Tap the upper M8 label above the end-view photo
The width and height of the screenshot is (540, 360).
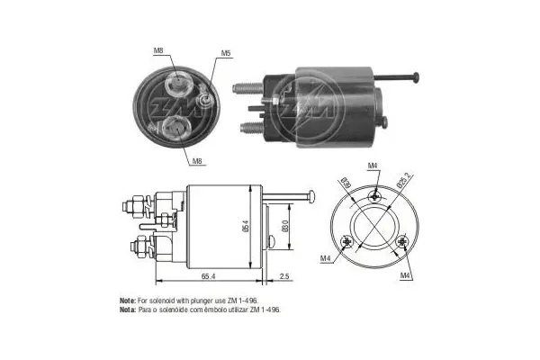tap(158, 51)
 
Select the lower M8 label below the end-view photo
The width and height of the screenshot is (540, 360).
tap(196, 161)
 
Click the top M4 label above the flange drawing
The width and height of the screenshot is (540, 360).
tap(373, 165)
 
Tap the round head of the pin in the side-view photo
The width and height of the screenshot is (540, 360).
tap(417, 79)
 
